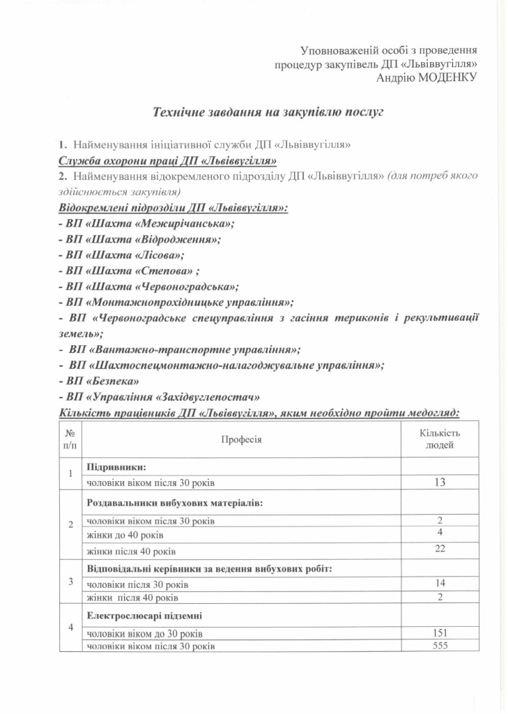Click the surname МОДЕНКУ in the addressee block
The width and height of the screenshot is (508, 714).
click(x=446, y=77)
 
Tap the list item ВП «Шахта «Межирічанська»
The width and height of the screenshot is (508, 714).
click(x=146, y=223)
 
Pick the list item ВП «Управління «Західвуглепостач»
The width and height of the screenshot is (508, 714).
click(x=160, y=397)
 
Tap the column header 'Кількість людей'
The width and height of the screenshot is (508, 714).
click(x=439, y=439)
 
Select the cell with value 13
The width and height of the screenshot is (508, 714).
click(x=439, y=482)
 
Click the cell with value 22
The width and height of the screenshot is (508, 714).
click(x=439, y=551)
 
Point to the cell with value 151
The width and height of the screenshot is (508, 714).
click(x=439, y=633)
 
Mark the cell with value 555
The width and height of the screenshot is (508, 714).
click(x=439, y=646)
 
